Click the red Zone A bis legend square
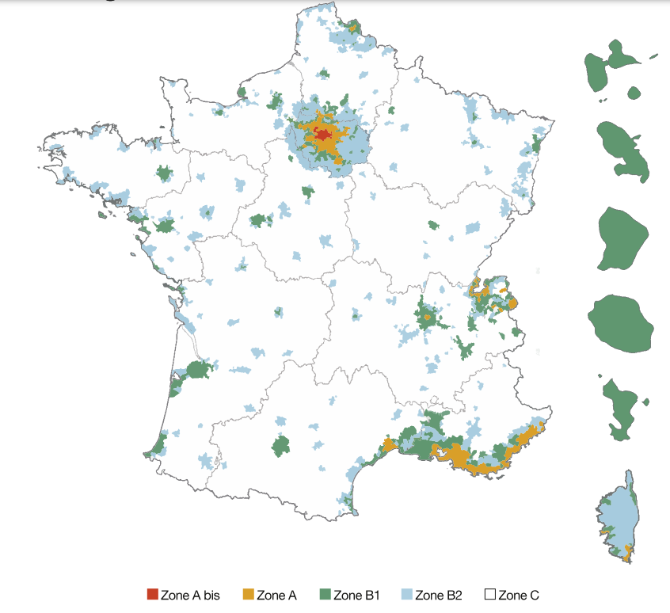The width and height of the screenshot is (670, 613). click(x=153, y=595)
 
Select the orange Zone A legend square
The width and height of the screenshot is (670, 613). click(x=248, y=595)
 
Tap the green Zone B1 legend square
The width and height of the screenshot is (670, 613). click(x=325, y=595)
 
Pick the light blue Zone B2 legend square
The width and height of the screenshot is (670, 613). click(x=406, y=595)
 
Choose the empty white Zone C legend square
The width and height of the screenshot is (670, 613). click(x=489, y=595)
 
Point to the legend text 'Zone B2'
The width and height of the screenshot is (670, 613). click(x=438, y=596)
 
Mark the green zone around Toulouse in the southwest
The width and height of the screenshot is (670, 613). click(x=281, y=445)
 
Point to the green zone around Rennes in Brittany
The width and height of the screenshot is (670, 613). click(x=165, y=173)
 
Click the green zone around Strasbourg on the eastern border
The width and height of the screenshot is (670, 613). click(x=536, y=144)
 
